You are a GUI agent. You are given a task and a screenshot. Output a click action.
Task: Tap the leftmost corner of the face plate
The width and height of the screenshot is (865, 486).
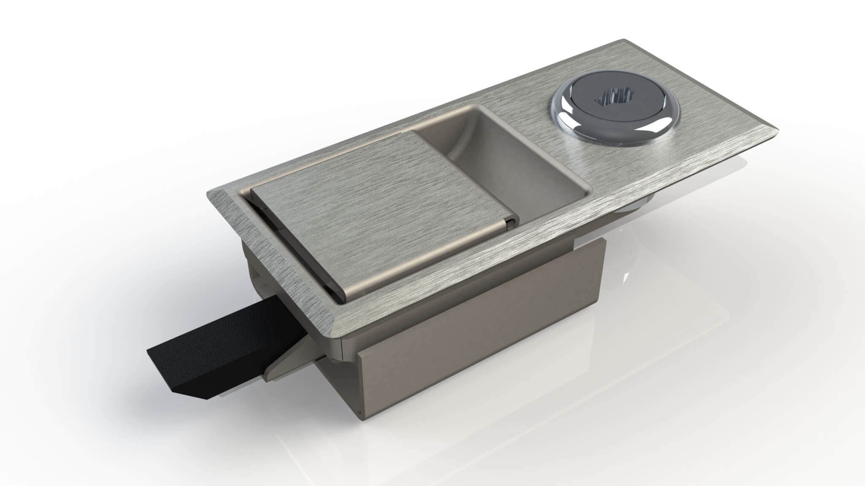[207, 192]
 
